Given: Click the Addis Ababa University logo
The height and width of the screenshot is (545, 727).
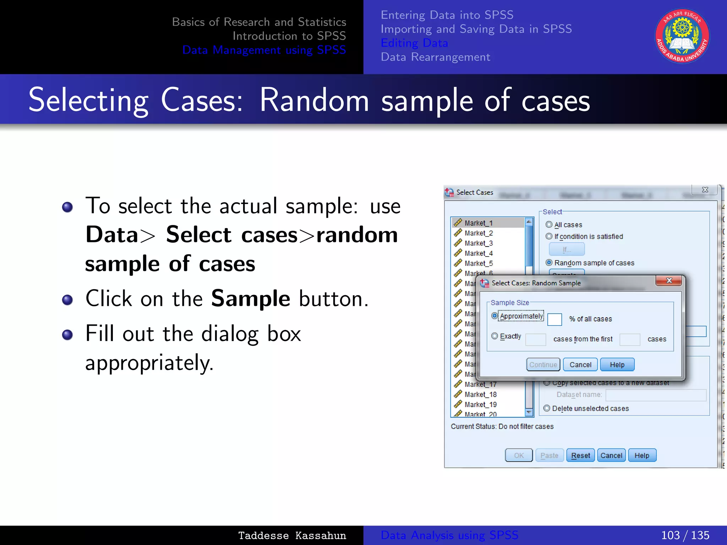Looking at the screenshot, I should point(682,36).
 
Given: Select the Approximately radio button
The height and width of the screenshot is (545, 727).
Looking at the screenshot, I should point(494,315).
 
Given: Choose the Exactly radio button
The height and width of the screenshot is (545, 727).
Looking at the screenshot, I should point(494,336).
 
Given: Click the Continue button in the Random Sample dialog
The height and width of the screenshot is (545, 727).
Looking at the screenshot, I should point(543,364).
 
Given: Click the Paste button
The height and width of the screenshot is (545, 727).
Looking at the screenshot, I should point(549,455).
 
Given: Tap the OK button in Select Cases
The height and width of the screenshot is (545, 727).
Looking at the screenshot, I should point(519,455).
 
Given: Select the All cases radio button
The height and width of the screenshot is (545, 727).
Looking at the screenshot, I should point(549,224).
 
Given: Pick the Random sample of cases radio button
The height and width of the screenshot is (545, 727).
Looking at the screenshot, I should point(549,263).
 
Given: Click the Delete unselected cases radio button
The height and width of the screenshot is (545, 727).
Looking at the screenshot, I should point(547,408).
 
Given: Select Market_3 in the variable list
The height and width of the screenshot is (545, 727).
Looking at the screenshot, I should point(479,243).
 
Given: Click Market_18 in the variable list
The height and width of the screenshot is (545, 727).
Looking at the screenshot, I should point(480,394).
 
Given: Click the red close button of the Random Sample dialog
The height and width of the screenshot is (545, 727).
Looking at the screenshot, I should point(669,280).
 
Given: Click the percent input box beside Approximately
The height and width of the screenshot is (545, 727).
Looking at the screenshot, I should point(554,319).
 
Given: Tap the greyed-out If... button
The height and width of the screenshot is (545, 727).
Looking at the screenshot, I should point(567,249).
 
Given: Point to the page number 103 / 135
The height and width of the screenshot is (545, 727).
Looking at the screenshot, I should point(685,535).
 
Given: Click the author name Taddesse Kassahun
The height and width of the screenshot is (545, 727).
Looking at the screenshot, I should point(292,535).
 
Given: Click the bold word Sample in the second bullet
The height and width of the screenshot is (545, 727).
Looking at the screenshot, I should point(251,298).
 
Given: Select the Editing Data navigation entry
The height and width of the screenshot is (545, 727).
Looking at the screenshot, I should point(414,43).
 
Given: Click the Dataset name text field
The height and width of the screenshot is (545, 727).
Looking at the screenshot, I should point(656,395).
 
